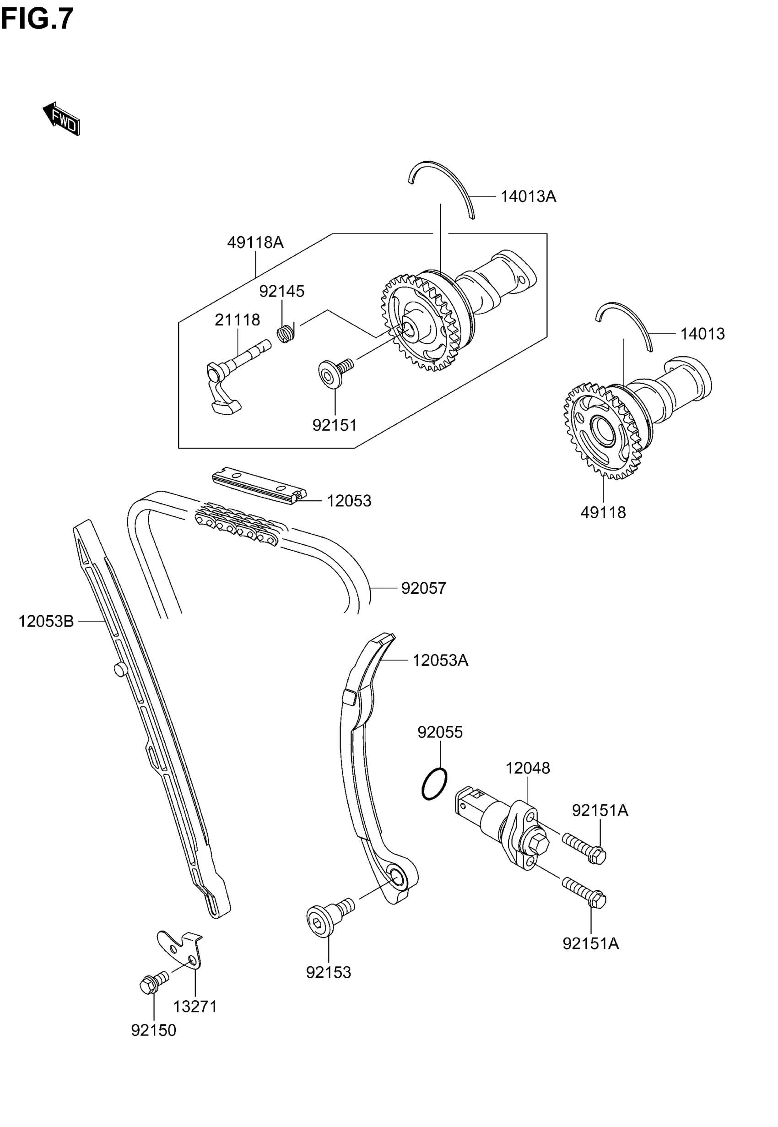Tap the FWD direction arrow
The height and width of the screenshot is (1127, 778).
(x=61, y=119)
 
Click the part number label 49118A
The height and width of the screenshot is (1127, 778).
(x=255, y=242)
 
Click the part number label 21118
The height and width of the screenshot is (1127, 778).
(x=238, y=320)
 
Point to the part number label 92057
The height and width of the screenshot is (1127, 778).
(x=423, y=588)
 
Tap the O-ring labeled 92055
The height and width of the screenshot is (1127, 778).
(x=433, y=784)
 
